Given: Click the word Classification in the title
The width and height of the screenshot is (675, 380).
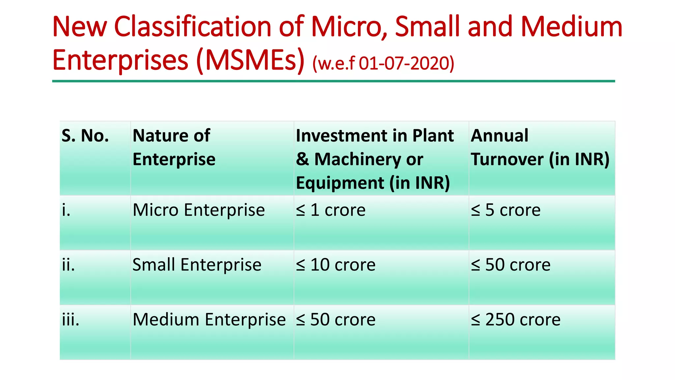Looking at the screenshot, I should click(192, 27).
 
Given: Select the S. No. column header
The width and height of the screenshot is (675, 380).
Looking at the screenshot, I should click(85, 136).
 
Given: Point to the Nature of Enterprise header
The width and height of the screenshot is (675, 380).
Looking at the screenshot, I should click(174, 147).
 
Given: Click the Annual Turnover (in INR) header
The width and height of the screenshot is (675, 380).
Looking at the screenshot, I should click(540, 147).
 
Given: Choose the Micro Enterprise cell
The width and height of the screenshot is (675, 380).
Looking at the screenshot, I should click(198, 210).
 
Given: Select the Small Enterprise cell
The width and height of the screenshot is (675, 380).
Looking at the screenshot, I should click(197, 265).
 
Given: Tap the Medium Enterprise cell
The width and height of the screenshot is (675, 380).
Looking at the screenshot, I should click(209, 320).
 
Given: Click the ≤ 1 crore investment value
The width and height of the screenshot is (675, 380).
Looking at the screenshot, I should click(331, 210).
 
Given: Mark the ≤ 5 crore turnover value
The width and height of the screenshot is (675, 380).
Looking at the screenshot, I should click(506, 210).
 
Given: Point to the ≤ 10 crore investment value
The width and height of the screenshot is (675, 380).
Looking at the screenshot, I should click(336, 265).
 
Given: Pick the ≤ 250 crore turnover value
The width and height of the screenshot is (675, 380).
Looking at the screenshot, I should click(515, 320).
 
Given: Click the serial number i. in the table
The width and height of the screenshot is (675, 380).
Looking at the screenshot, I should click(66, 210).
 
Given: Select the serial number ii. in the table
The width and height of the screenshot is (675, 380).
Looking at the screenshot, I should click(68, 265).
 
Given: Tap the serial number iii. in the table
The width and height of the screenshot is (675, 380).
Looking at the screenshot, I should click(71, 320).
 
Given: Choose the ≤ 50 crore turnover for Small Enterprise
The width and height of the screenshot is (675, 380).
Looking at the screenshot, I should click(511, 265).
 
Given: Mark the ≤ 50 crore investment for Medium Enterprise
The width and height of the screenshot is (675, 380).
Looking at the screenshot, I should click(336, 320).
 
